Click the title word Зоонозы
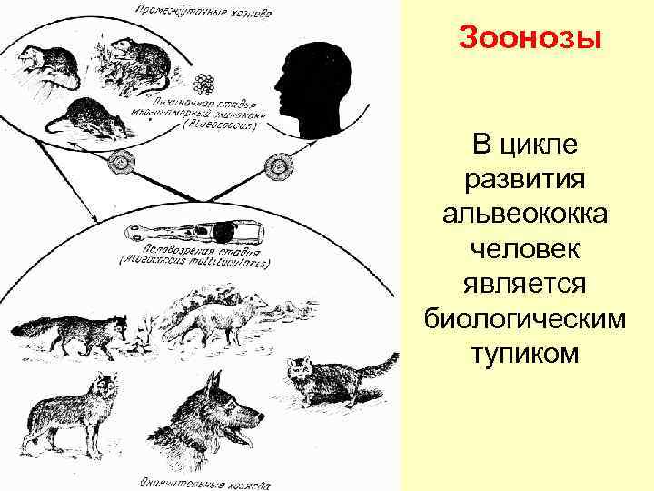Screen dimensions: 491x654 pyautogui.click(x=531, y=39)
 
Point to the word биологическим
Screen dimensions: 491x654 pyautogui.click(x=539, y=317)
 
